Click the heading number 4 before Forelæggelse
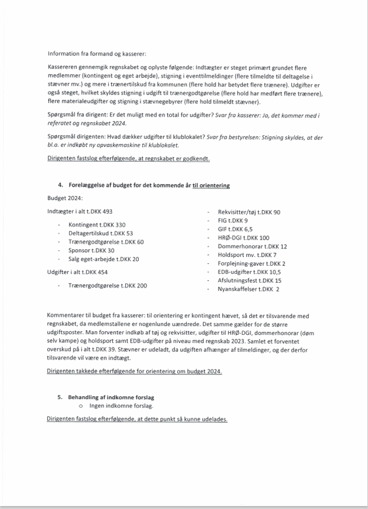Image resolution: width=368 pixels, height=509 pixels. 60,185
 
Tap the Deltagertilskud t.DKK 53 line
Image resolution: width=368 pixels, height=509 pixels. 100,233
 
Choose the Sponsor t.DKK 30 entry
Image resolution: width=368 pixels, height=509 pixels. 92,250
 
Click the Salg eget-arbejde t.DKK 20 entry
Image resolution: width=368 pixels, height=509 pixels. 104,259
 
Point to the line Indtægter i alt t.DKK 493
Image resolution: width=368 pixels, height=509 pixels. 80,212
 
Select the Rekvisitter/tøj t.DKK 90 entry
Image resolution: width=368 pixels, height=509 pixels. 249,212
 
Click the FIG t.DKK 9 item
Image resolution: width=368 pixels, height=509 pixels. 233,220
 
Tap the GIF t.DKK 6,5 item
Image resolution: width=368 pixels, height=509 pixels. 235,229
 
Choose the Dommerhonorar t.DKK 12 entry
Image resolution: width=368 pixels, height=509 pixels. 252,246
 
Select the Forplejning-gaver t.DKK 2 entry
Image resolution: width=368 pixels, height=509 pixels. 252,263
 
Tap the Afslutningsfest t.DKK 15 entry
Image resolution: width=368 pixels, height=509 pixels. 249,280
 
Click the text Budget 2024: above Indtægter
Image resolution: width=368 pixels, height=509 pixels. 66,199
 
